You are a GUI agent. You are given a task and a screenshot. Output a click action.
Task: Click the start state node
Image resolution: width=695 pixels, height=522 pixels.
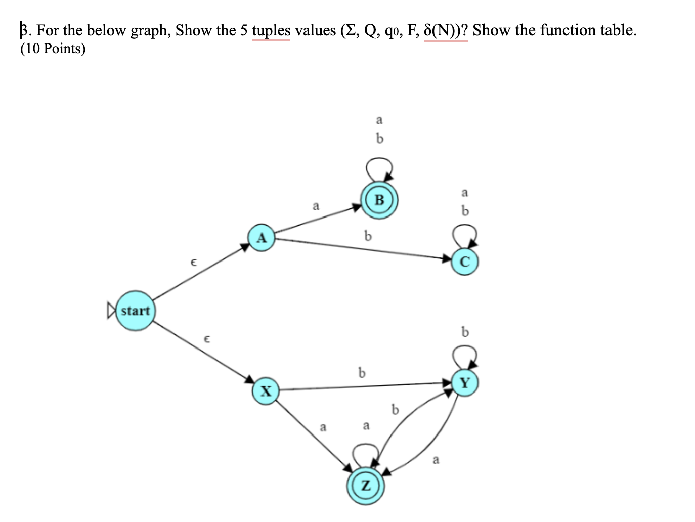click(x=135, y=311)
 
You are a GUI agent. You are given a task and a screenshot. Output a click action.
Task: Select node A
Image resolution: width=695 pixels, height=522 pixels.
click(x=261, y=237)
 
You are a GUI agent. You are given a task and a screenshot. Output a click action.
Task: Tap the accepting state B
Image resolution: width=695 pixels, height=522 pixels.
click(x=379, y=200)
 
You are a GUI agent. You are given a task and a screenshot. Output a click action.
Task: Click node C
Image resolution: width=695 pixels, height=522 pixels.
click(x=464, y=262)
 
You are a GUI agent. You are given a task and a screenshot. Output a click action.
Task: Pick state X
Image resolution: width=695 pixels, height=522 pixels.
click(x=266, y=391)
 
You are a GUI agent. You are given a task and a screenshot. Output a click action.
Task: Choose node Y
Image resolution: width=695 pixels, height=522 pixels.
click(x=464, y=383)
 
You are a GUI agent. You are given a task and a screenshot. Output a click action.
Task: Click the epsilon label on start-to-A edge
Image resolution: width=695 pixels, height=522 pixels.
click(x=193, y=262)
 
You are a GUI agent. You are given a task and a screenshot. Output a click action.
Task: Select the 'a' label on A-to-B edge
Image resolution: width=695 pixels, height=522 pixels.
click(x=316, y=206)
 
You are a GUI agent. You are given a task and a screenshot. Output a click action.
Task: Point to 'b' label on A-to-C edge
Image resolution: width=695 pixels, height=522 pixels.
click(x=368, y=236)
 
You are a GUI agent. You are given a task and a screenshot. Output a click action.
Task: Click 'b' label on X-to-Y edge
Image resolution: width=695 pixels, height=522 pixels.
click(x=361, y=373)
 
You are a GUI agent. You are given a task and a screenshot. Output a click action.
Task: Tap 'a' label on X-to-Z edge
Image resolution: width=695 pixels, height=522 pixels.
click(x=323, y=427)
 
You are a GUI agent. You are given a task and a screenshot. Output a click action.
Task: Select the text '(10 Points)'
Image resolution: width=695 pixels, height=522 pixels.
click(x=53, y=49)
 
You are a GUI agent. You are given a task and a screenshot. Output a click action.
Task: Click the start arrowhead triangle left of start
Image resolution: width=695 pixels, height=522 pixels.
click(x=111, y=311)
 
